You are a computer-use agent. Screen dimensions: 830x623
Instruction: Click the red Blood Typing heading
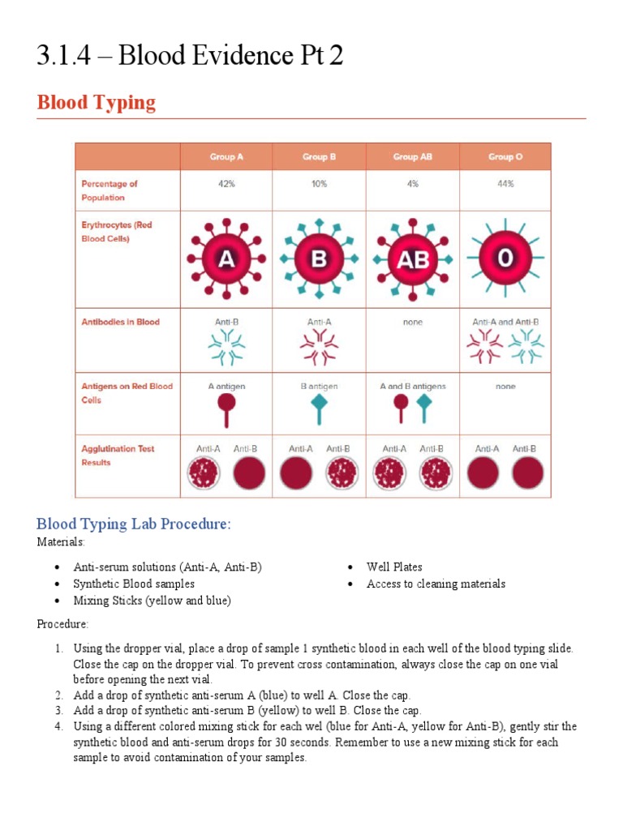(x=96, y=103)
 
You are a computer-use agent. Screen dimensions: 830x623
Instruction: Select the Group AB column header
(x=412, y=156)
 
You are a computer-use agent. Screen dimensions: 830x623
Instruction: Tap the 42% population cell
(x=226, y=184)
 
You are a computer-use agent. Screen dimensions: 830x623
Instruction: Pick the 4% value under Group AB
(x=412, y=184)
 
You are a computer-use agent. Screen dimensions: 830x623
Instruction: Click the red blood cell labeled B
(x=319, y=259)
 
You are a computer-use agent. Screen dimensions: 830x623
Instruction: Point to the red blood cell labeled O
(x=505, y=259)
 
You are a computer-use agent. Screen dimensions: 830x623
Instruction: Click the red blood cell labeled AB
(x=412, y=260)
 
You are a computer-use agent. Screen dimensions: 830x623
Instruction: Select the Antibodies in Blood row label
(x=120, y=322)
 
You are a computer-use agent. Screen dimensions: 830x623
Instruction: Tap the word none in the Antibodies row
(x=412, y=322)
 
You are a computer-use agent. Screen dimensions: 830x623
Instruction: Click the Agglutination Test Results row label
(x=118, y=456)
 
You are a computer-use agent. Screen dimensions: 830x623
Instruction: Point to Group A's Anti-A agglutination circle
(x=204, y=474)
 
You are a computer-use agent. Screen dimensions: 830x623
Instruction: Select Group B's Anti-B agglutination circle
(x=342, y=474)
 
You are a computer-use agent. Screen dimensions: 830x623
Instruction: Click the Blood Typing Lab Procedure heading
(x=134, y=524)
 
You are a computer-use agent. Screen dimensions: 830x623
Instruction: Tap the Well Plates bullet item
(x=394, y=567)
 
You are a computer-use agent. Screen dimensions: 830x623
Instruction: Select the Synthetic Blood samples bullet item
(x=134, y=584)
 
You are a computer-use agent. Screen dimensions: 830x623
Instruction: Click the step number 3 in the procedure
(x=58, y=711)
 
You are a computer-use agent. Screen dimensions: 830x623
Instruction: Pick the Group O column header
(x=505, y=156)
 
